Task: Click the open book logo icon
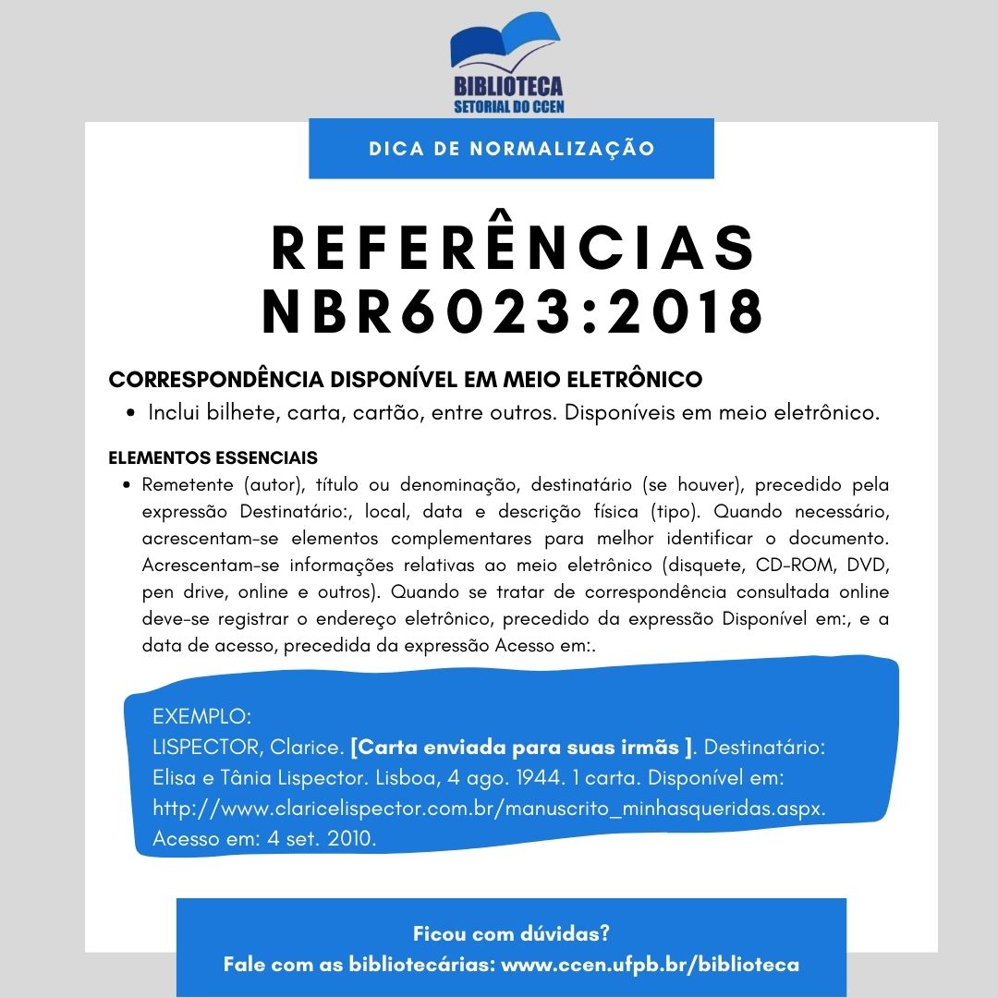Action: (505, 45)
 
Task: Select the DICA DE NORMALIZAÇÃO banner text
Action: (511, 149)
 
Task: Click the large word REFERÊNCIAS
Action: (512, 248)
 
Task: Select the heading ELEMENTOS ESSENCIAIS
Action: (213, 457)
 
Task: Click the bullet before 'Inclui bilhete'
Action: (132, 413)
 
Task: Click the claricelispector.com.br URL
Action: (489, 808)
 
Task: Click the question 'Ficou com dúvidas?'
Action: (511, 932)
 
